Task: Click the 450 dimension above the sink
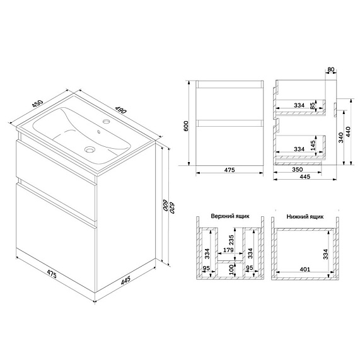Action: tap(38, 104)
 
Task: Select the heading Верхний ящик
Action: tap(229, 215)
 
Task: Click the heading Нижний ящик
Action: tap(305, 215)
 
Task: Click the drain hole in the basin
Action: tap(90, 150)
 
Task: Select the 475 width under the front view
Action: tap(229, 170)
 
